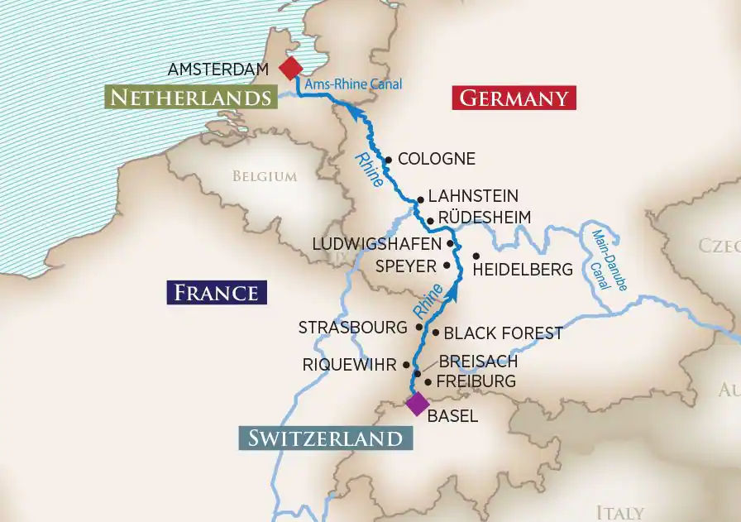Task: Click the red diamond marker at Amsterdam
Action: pos(290,68)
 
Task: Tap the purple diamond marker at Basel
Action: pos(417,404)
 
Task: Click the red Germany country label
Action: pos(514,98)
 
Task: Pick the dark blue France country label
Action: pos(217,293)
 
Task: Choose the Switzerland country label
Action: pos(325,438)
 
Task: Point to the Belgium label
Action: pos(264,176)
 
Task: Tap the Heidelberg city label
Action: pos(523,270)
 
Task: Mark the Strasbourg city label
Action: pos(353,328)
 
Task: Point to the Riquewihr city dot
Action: pos(406,365)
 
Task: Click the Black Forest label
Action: pos(503,333)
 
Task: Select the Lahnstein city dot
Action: pos(420,199)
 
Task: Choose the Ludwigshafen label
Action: pos(377,244)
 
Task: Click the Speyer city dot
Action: pos(447,266)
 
